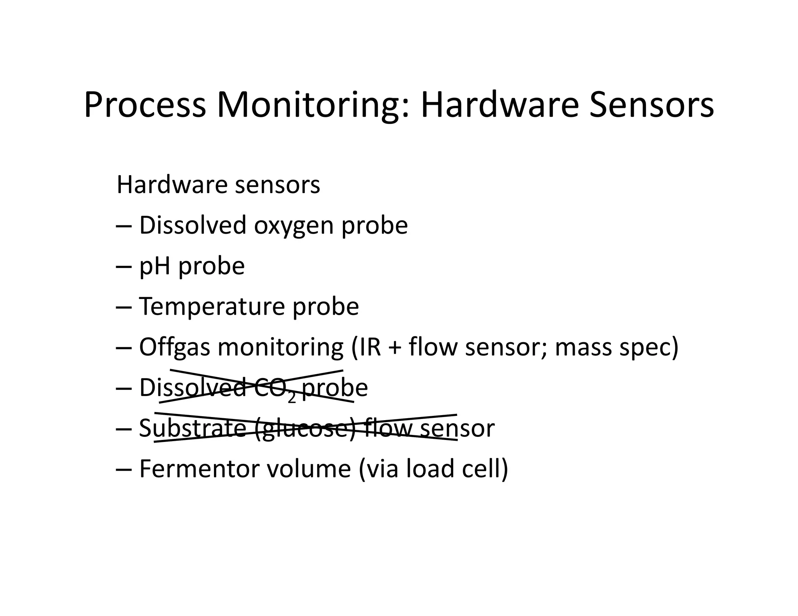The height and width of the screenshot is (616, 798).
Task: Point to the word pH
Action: pyautogui.click(x=155, y=267)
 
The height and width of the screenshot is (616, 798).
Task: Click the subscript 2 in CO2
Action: pyautogui.click(x=291, y=398)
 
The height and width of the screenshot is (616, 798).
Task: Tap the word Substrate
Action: pyautogui.click(x=192, y=428)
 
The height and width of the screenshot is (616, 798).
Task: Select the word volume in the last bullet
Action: pyautogui.click(x=309, y=468)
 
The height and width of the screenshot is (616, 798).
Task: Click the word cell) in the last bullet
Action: pyautogui.click(x=485, y=468)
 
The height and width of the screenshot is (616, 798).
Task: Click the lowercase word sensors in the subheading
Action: pyautogui.click(x=278, y=185)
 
